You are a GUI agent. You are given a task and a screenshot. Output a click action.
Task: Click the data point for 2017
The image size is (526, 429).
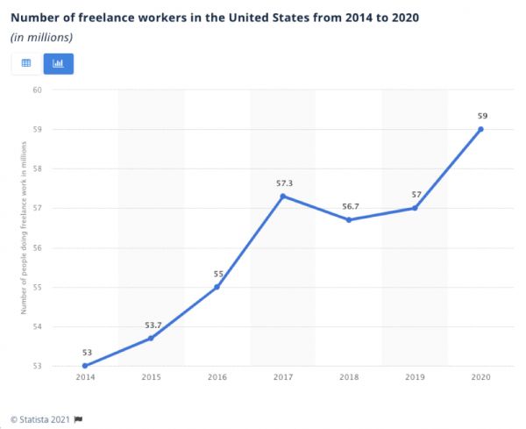click(x=283, y=196)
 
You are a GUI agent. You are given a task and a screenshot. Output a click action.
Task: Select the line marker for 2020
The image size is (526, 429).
click(x=480, y=129)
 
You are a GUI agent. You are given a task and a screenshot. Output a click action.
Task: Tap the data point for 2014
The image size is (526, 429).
click(x=85, y=366)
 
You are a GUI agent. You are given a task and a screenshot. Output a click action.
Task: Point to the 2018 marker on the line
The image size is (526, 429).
click(x=349, y=219)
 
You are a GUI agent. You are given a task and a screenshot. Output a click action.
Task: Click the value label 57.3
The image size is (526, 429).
click(x=283, y=182)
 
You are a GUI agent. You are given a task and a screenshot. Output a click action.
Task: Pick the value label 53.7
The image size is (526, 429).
click(x=152, y=325)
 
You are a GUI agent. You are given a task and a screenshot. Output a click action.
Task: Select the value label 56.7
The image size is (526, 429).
click(x=349, y=206)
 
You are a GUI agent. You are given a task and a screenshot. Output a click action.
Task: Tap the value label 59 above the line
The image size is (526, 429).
click(x=480, y=116)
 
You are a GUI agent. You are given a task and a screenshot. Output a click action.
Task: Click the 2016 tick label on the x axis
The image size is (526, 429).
click(x=217, y=376)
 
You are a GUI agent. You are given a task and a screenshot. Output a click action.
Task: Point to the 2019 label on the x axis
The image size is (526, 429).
click(x=415, y=376)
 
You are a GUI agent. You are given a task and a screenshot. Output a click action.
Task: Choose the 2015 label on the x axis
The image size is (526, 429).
click(x=152, y=376)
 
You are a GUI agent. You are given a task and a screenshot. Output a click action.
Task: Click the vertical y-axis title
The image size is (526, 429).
click(x=24, y=228)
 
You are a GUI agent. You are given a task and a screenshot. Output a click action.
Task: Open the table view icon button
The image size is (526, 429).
click(x=26, y=63)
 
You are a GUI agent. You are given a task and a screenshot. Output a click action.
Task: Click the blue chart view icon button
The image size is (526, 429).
click(x=59, y=63)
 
